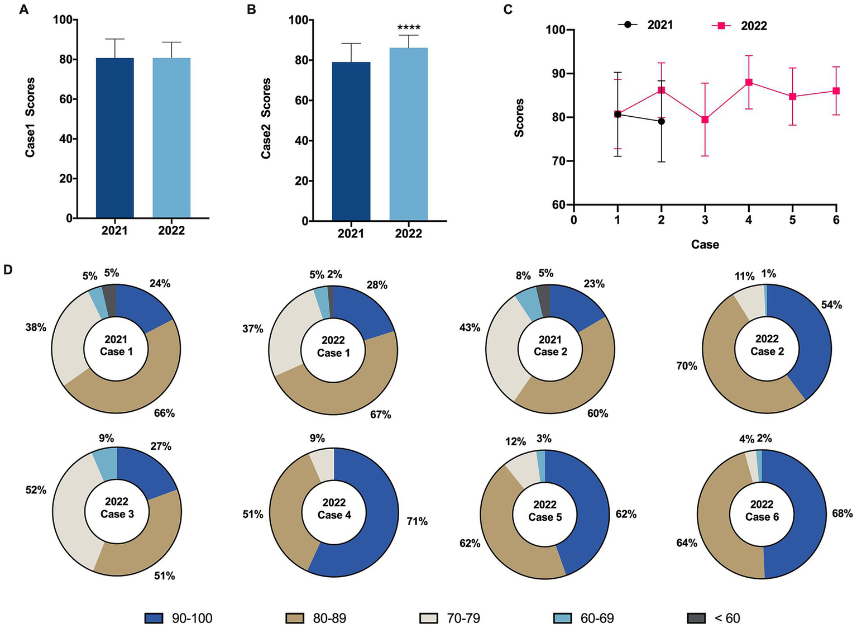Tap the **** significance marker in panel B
click(408, 28)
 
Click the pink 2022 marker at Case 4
click(749, 82)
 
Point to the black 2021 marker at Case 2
click(661, 121)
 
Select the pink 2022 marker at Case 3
click(705, 120)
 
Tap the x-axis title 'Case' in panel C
click(705, 244)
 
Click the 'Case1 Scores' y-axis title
click(30, 117)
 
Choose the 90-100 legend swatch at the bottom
click(154, 618)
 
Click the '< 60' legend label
click(727, 618)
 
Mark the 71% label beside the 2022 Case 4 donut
click(417, 521)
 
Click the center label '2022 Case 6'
click(762, 511)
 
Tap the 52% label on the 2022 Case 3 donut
click(36, 490)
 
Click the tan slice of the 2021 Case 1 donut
click(128, 391)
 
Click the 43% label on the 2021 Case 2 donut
click(470, 327)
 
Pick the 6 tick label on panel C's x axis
click(836, 220)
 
